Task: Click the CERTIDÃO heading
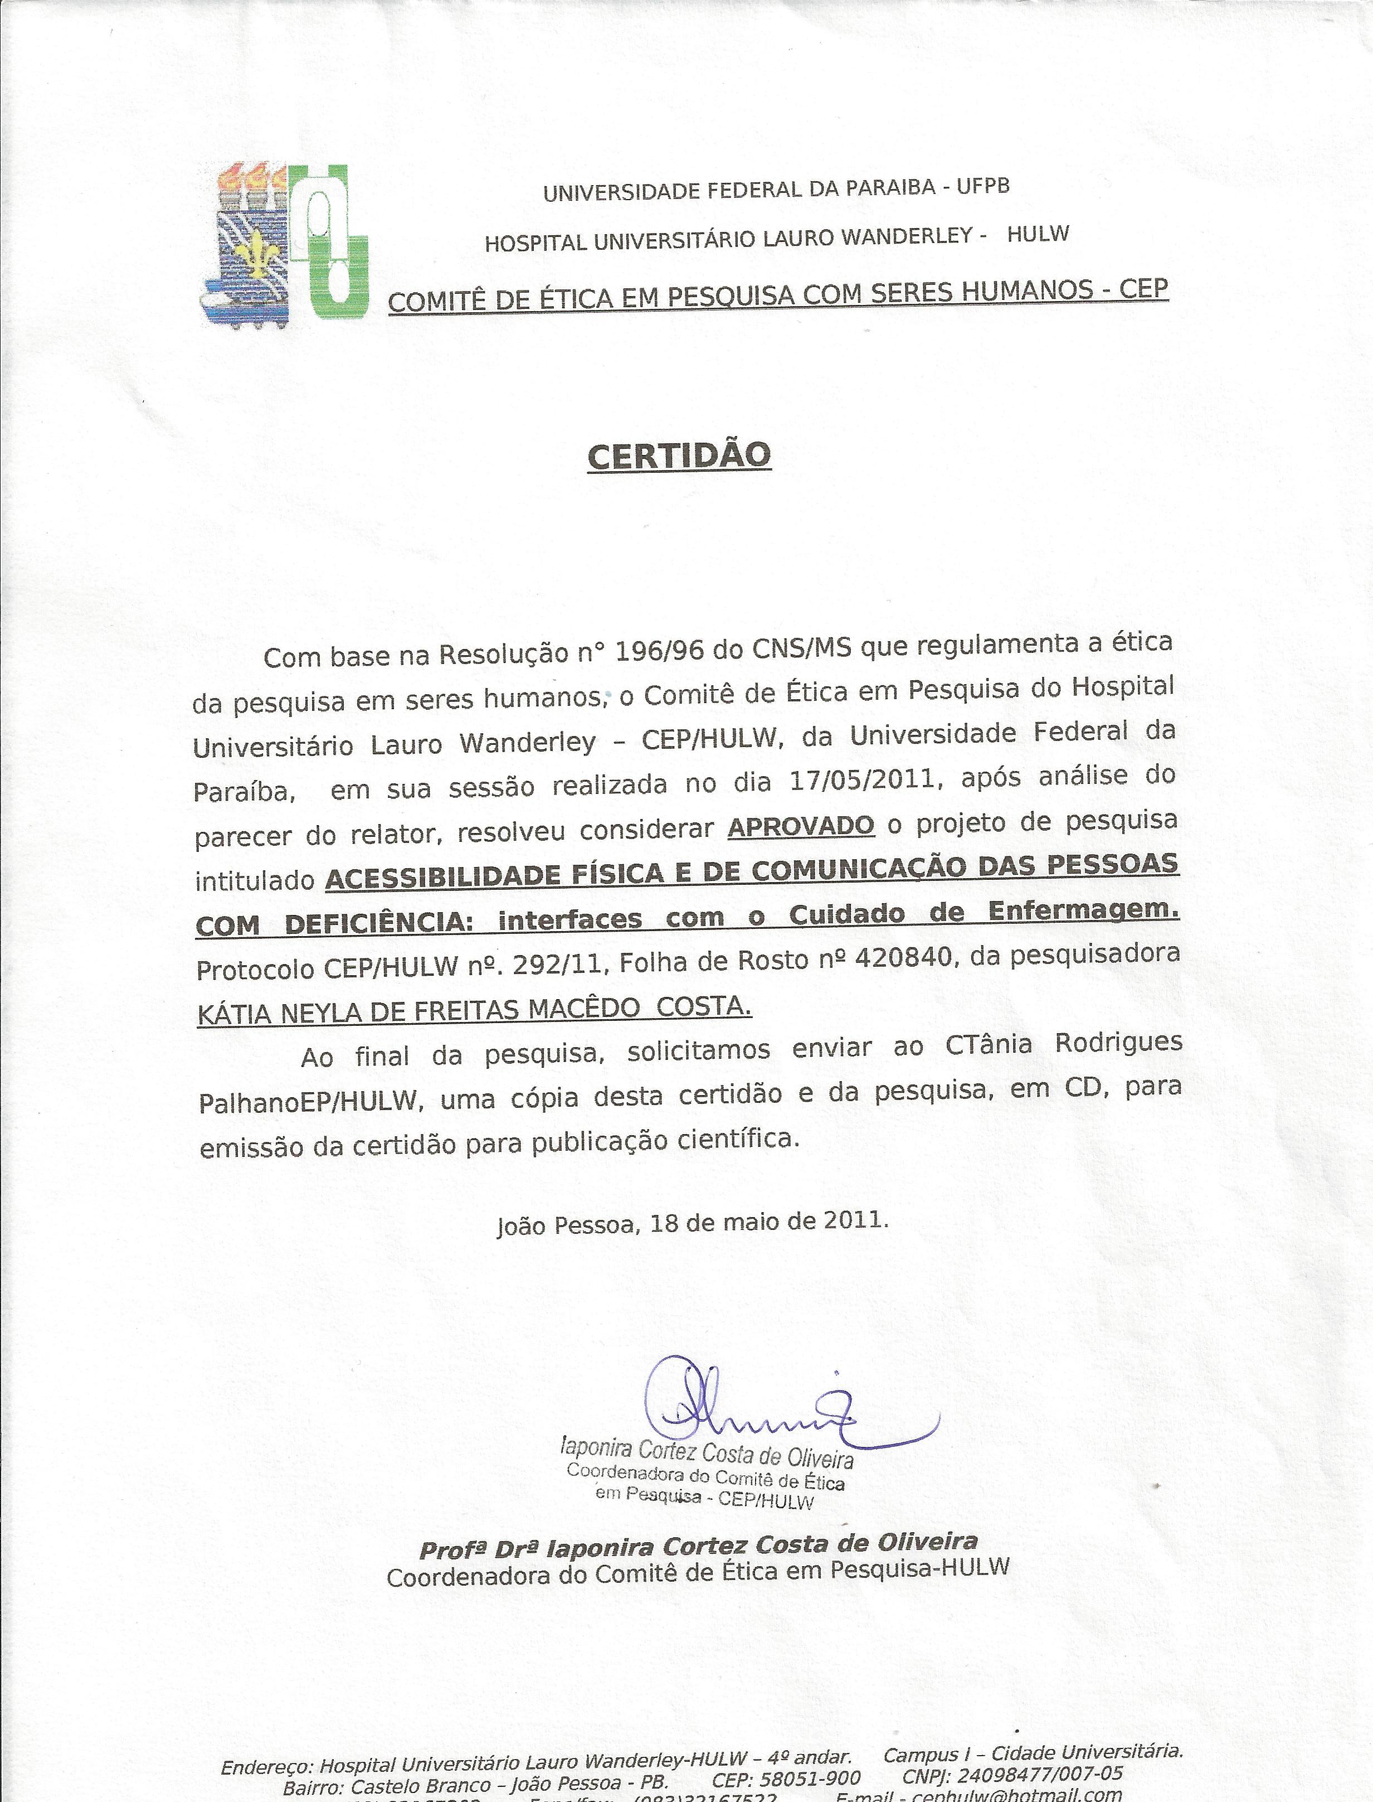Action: click(x=679, y=456)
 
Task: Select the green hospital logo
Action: click(x=331, y=243)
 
